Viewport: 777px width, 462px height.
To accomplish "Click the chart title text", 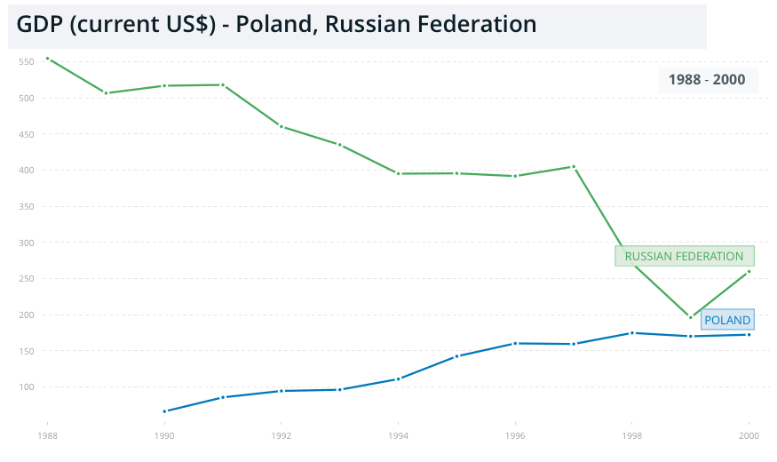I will pos(276,24).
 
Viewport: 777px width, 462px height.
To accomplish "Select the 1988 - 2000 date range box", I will pos(707,80).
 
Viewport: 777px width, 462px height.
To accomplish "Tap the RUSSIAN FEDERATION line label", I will pos(684,256).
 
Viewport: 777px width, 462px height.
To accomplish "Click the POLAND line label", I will pos(727,320).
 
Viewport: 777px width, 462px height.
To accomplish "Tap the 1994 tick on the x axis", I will pos(398,436).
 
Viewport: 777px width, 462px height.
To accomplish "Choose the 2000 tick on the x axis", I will pos(749,436).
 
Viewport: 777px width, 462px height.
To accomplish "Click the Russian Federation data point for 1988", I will pos(47,59).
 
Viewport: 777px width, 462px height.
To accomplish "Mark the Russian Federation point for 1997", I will pos(574,166).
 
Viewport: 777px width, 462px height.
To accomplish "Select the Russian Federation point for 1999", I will pos(690,317).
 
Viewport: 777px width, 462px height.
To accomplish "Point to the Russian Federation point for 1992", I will pos(281,126).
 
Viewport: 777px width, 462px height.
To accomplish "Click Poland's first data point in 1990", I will pos(164,411).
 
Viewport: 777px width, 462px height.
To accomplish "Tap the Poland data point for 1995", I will pos(456,356).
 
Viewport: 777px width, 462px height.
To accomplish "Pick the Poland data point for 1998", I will pos(631,333).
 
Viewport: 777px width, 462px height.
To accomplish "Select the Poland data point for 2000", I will pos(749,334).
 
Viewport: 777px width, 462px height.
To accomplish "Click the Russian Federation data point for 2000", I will pos(749,271).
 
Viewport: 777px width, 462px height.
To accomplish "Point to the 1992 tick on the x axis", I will pos(281,436).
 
